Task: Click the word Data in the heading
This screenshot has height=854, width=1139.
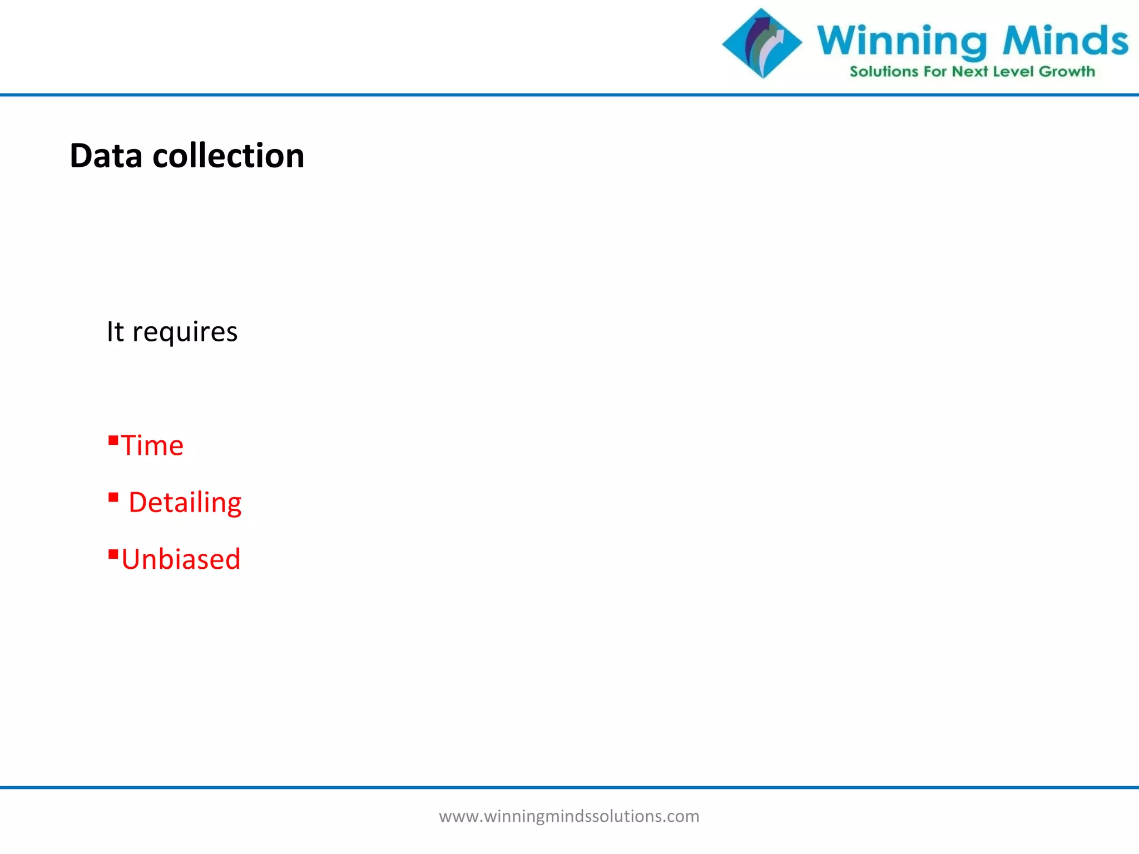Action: (x=106, y=156)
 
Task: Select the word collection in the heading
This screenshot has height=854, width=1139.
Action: (x=228, y=156)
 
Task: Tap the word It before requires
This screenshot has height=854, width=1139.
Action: (x=115, y=331)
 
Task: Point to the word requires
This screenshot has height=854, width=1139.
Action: (x=185, y=332)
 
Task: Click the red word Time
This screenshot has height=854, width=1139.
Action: (x=152, y=445)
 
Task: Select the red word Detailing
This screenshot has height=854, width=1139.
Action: (x=185, y=503)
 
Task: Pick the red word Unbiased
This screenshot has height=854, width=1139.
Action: (x=181, y=559)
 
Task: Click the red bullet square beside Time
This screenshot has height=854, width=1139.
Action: (x=113, y=441)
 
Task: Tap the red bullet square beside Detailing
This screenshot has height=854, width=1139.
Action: (x=113, y=497)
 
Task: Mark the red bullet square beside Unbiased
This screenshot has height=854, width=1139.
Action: (x=113, y=554)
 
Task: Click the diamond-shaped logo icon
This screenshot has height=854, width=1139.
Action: (x=762, y=43)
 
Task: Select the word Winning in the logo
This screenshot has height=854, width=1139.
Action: (x=902, y=41)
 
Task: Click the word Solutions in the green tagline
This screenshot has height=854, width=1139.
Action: (x=884, y=72)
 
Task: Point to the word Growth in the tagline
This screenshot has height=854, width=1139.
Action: (x=1067, y=72)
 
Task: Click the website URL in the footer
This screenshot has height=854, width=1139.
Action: (x=569, y=816)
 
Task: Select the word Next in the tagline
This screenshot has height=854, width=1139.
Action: (x=970, y=72)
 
